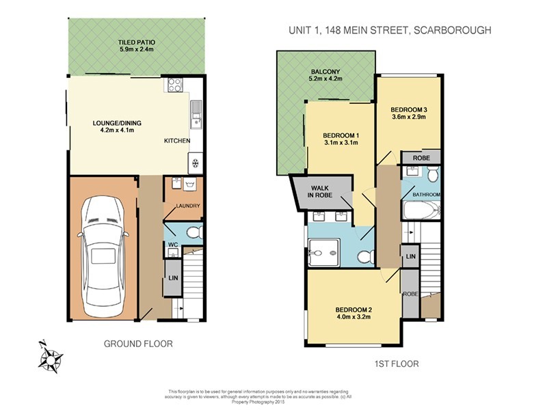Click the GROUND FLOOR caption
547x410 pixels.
click(137, 344)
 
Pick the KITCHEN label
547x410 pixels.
click(176, 141)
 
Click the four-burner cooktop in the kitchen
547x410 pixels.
click(174, 85)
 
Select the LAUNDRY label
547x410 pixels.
click(187, 206)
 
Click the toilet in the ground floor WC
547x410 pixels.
click(193, 233)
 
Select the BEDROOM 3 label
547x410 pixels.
click(409, 109)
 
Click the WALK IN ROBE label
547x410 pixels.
click(321, 191)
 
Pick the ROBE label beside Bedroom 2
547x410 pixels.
click(410, 295)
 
